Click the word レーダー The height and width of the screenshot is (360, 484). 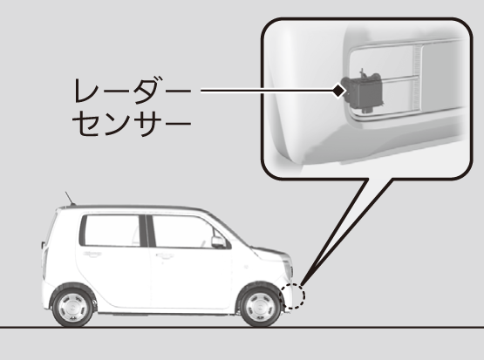pos(132,91)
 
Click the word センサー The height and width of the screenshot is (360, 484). pos(132,124)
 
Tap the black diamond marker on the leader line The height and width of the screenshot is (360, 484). pos(338,91)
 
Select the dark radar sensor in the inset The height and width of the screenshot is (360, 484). pos(364,89)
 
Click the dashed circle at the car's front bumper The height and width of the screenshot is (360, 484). pos(292,295)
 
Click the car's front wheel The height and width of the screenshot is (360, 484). pos(260,305)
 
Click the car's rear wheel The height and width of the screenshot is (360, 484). pos(73,305)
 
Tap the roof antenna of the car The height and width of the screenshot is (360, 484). pos(70,199)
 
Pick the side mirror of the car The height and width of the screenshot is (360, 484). pos(219,241)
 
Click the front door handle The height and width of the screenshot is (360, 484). pos(165,255)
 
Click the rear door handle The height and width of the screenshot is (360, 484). pos(92,255)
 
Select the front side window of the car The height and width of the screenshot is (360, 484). pos(190,231)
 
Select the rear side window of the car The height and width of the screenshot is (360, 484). pos(112,230)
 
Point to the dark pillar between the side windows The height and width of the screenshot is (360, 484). pos(147,231)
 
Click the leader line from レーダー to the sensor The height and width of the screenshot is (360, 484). pos(268,91)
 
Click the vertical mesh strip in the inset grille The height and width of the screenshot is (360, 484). pos(417,77)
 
